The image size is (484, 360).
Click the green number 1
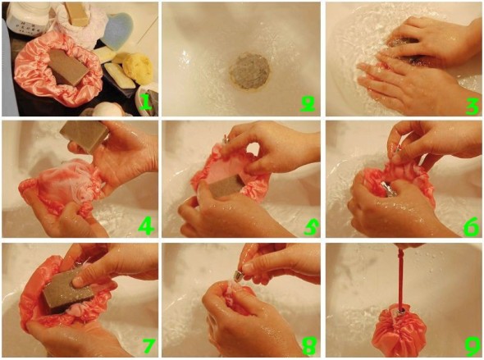pos(145,102)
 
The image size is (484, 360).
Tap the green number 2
pos(308,103)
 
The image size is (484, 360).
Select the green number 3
pos(473,105)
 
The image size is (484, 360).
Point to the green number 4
pos(146,226)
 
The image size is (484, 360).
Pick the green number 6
pos(472,226)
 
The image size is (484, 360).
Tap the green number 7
pos(148,345)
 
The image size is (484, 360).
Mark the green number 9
pos(473,346)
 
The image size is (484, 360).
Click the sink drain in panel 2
pos(249,71)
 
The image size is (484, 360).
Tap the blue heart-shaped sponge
pos(118,30)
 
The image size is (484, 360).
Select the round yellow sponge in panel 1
pos(138,67)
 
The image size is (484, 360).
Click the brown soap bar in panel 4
pos(84,135)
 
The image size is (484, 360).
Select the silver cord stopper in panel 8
pos(239,276)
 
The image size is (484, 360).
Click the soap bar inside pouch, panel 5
pos(225,186)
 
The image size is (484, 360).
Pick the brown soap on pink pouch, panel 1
pos(68,67)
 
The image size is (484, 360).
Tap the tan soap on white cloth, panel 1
pos(76,14)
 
